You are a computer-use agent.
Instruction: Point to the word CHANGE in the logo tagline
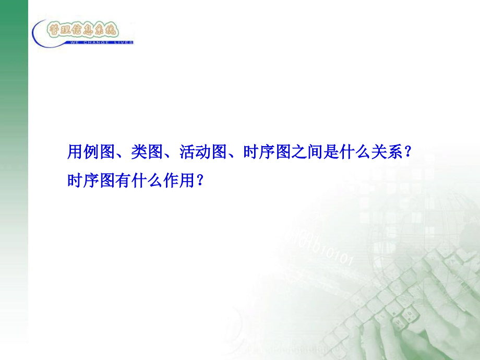point(97,42)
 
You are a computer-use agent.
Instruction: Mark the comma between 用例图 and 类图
point(121,155)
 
